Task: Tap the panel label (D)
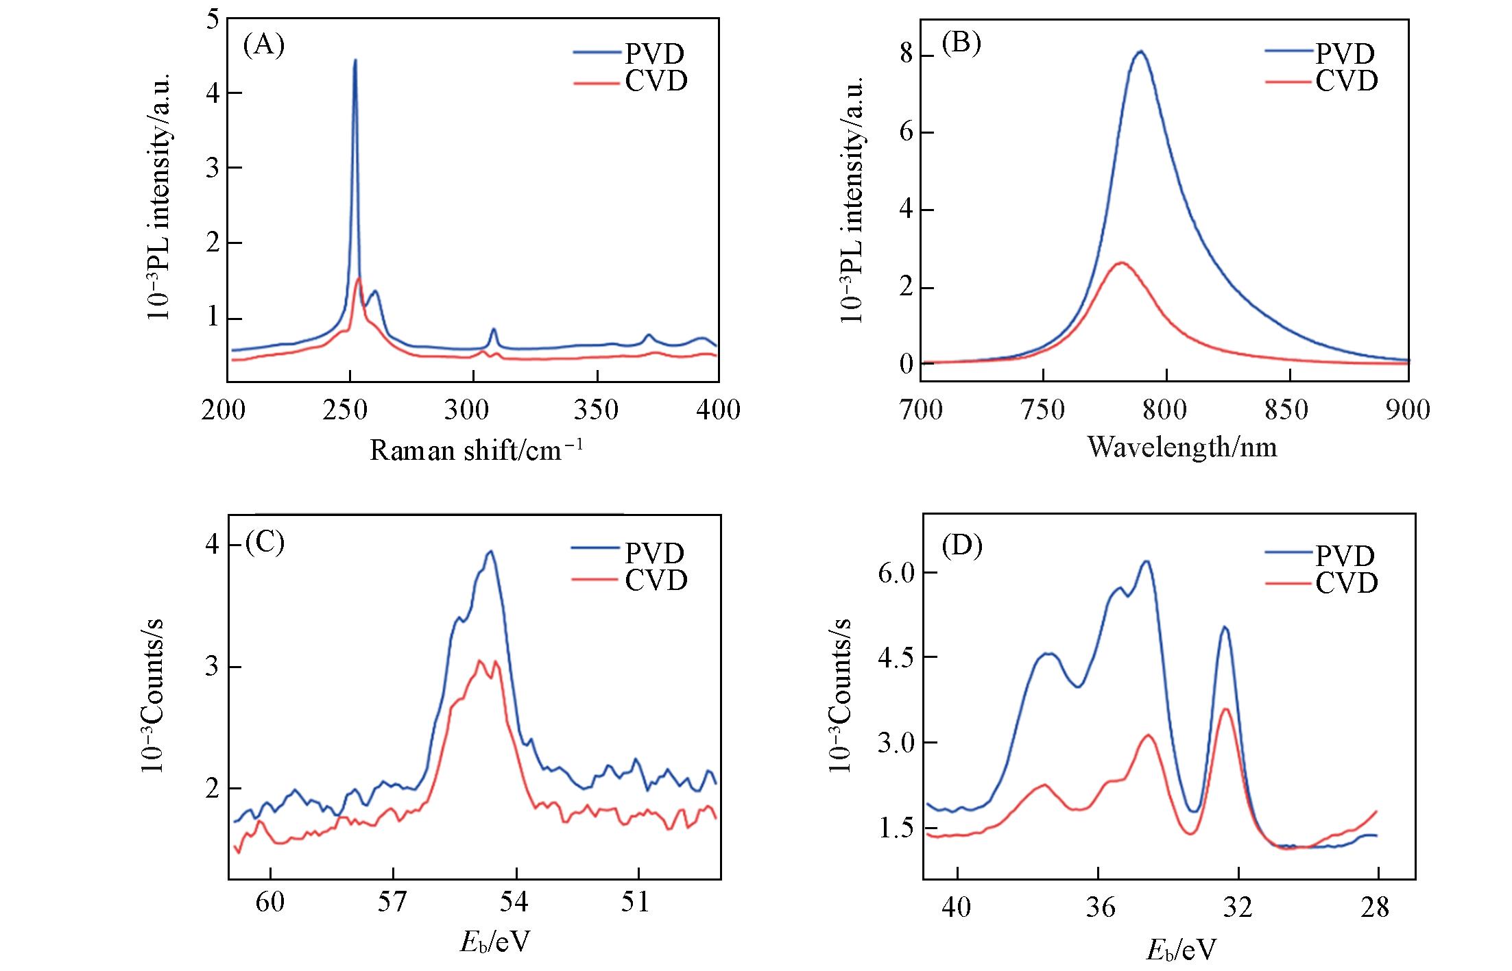pos(962,545)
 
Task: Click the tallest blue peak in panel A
pos(355,61)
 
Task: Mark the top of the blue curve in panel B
pos(1140,51)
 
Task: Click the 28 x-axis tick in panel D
pos(1375,907)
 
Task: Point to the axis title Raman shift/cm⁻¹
pos(477,450)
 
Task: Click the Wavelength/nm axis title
pos(1182,447)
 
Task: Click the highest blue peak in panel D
pos(1145,562)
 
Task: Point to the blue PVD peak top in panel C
pos(490,552)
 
